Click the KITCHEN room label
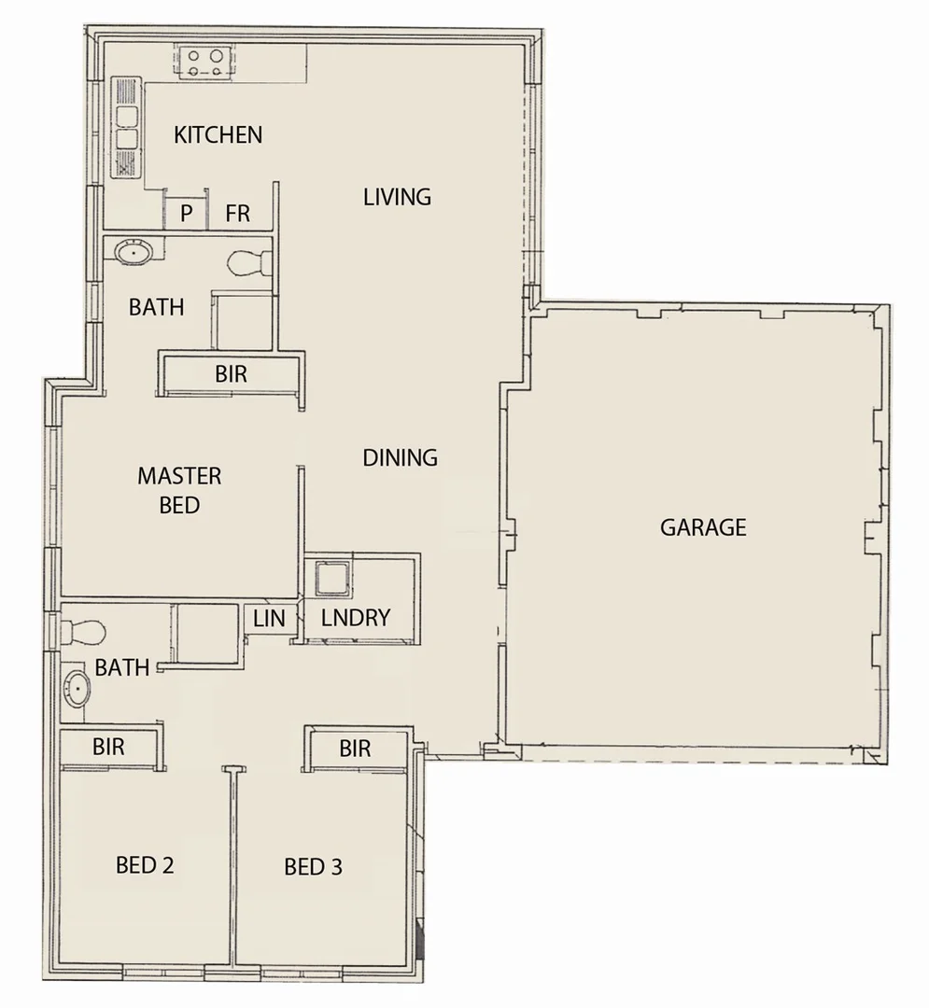pos(218,135)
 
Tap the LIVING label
pos(397,197)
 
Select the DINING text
pos(400,458)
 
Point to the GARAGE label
pos(703,527)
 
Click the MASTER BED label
pos(179,491)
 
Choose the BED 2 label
pos(145,865)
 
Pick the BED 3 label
pos(313,867)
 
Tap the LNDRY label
pos(355,618)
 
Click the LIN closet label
pos(269,618)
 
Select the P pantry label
pos(187,214)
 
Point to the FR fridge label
pos(238,214)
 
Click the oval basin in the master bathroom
pos(135,250)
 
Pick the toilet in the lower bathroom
pos(82,633)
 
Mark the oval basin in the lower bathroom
pos(77,692)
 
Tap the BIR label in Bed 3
pos(355,749)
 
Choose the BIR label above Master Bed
pos(231,374)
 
